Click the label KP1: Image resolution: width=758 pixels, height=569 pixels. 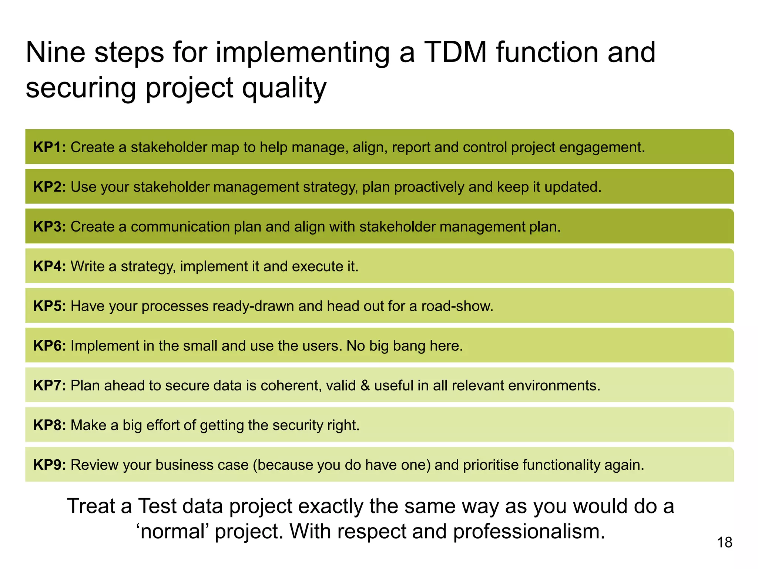point(50,147)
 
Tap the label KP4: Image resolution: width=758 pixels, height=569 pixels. point(50,266)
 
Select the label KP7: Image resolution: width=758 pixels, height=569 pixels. point(50,385)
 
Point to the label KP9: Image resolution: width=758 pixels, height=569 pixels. point(50,465)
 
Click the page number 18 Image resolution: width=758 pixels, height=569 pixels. point(724,542)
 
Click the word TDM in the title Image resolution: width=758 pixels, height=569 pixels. point(455,52)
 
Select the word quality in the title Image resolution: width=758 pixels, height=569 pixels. point(284,88)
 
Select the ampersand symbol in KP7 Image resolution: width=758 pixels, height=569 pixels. point(365,385)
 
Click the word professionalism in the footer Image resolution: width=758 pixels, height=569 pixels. point(529,531)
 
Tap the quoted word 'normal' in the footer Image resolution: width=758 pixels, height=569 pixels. point(172,531)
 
